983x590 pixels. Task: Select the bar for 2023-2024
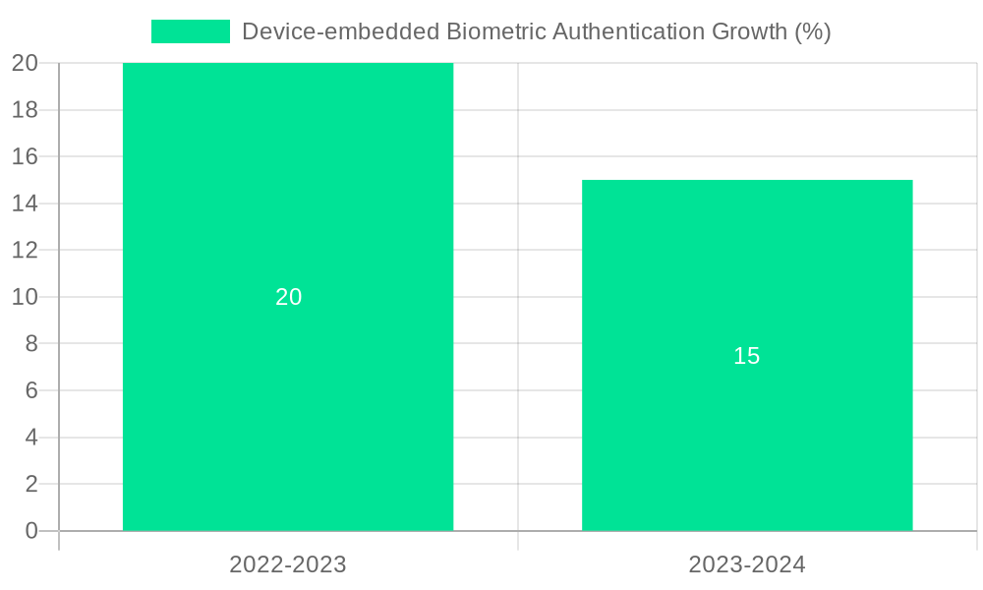[x=747, y=442]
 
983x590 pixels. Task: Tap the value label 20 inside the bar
[x=288, y=297]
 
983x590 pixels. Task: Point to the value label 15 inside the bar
[x=747, y=356]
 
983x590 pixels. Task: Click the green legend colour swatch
[x=190, y=31]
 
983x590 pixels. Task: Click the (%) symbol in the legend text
[x=812, y=31]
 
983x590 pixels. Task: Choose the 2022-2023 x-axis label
[x=288, y=564]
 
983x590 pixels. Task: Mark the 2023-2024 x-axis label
[x=747, y=564]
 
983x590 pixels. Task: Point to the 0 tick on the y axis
[x=30, y=531]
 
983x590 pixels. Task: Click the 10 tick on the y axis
[x=25, y=297]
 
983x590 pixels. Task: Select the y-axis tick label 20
[x=25, y=63]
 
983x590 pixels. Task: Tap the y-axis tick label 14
[x=25, y=204]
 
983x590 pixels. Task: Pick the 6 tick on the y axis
[x=30, y=390]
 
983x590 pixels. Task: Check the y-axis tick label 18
[x=25, y=110]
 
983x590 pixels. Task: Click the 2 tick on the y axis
[x=30, y=484]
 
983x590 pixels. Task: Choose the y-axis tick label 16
[x=25, y=156]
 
